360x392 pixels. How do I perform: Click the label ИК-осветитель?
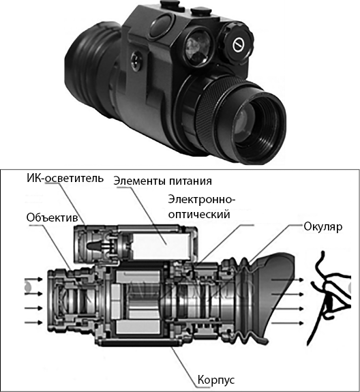tap(65, 179)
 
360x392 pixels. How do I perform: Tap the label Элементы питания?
tap(162, 181)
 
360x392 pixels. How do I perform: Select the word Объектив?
tap(52, 217)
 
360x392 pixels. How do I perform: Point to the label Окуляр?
tap(322, 227)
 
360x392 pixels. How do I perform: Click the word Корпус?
tap(216, 380)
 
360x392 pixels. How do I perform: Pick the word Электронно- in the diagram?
tap(202, 200)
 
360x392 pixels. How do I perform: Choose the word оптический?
tap(199, 215)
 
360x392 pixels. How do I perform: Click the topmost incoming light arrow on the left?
tap(33, 279)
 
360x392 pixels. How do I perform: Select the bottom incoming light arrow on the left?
tap(33, 322)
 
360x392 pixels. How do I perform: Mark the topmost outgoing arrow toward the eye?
tap(288, 280)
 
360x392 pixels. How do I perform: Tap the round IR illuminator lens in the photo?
tap(199, 48)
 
